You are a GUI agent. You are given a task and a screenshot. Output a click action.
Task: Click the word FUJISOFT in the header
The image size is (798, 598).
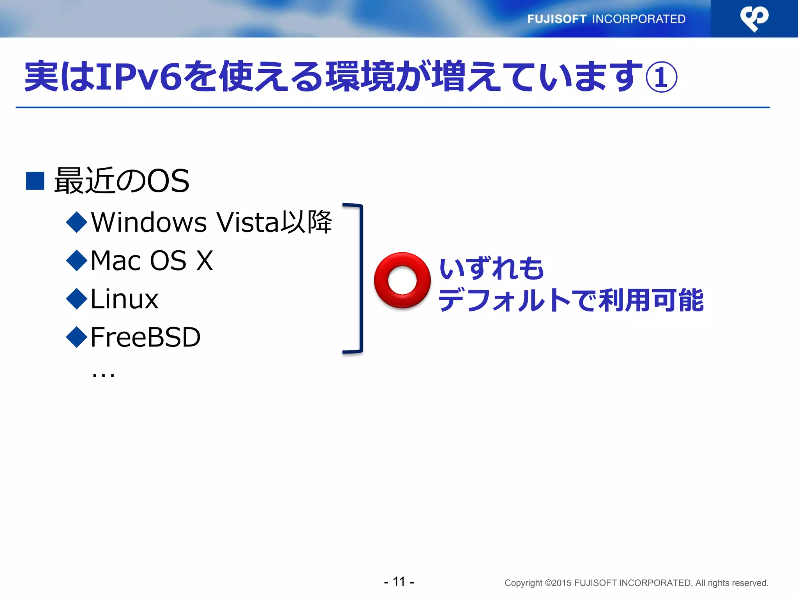coord(556,19)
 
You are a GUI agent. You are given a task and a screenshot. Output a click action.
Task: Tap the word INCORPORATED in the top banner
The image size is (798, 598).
coord(639,19)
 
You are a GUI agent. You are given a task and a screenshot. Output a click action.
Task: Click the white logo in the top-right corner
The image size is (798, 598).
coord(754,18)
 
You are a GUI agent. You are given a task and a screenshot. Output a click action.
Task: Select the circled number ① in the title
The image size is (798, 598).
coord(661,77)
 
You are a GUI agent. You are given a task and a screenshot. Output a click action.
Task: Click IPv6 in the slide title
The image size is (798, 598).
coord(139,77)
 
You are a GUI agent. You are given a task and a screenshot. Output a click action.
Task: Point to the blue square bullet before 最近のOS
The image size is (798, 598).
coord(35,181)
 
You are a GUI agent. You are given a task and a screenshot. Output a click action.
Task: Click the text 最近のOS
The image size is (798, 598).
coord(122,181)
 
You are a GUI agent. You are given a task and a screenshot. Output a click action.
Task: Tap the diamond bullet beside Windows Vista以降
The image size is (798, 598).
coord(77,222)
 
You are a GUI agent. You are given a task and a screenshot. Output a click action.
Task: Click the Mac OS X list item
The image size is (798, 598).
coord(152,260)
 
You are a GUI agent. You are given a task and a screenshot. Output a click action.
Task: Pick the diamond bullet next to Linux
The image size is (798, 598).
coord(77,299)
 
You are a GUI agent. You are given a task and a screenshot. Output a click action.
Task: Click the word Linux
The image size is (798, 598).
coord(124,299)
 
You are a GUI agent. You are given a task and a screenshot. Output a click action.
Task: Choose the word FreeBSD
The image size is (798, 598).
coord(145,337)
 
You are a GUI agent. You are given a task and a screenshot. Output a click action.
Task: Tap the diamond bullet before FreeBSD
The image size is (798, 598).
coord(77,337)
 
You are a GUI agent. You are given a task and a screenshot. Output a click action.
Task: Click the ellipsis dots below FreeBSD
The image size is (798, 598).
coord(103,375)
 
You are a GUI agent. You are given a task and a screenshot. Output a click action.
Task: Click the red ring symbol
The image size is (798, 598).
coord(402,280)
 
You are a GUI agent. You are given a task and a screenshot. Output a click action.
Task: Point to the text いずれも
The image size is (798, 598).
coord(491,269)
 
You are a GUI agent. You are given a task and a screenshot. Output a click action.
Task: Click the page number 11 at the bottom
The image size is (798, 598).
coord(399,582)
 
